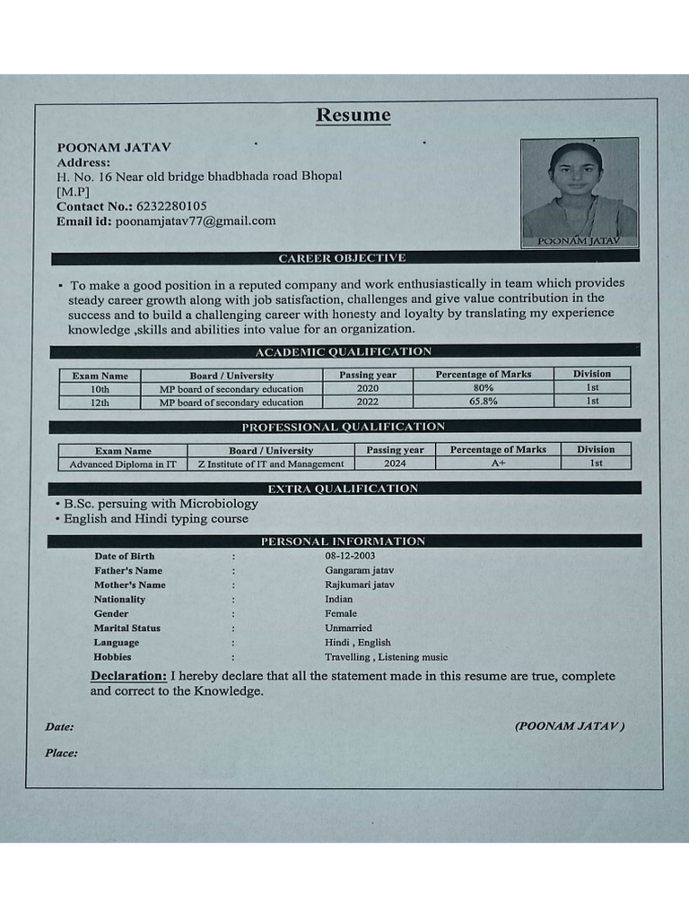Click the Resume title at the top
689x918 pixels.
pyautogui.click(x=353, y=116)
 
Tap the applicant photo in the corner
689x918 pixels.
pyautogui.click(x=579, y=190)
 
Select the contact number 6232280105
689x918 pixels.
pyautogui.click(x=171, y=206)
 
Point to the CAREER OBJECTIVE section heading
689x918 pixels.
pyautogui.click(x=342, y=258)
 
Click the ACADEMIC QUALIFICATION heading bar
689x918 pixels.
pyautogui.click(x=343, y=351)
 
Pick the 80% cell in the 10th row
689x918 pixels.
pyautogui.click(x=484, y=388)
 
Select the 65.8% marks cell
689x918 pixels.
pyautogui.click(x=484, y=402)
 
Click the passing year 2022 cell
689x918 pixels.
pyautogui.click(x=368, y=403)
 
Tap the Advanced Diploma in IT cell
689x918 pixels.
pyautogui.click(x=123, y=464)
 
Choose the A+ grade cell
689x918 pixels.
pyautogui.click(x=499, y=463)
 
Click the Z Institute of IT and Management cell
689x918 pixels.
pyautogui.click(x=271, y=464)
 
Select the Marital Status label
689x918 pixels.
pyautogui.click(x=127, y=628)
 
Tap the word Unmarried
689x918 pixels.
pyautogui.click(x=348, y=628)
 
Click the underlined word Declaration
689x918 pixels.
pyautogui.click(x=128, y=676)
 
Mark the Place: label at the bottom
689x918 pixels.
pyautogui.click(x=61, y=753)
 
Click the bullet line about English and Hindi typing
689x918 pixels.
pyautogui.click(x=153, y=519)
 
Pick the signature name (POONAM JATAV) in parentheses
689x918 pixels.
pyautogui.click(x=570, y=726)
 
